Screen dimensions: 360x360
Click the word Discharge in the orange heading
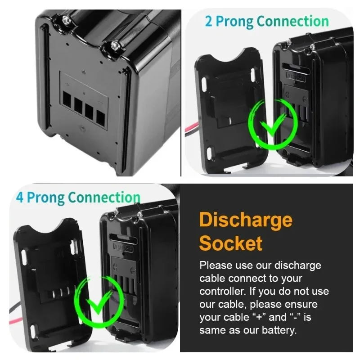point(246,220)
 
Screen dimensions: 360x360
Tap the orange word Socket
point(230,243)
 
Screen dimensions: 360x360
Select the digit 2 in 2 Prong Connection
point(209,22)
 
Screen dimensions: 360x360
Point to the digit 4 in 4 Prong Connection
point(20,198)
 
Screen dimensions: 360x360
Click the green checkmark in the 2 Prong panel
point(271,123)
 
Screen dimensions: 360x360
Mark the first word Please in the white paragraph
point(215,265)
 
